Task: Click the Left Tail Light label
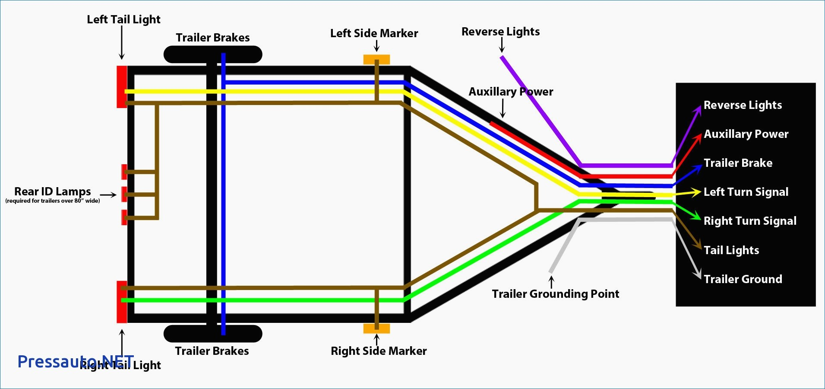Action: pos(123,19)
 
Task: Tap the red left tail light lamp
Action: pos(121,86)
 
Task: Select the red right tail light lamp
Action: pos(121,302)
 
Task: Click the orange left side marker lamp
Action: pos(376,59)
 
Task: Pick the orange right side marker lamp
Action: pos(376,328)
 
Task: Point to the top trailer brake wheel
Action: pos(213,54)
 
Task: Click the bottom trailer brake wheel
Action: pos(213,334)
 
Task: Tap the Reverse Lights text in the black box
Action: pos(743,105)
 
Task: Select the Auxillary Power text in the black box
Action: pos(746,134)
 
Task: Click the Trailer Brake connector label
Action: pos(738,163)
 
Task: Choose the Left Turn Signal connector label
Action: pos(746,192)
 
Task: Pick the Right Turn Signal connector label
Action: pos(750,221)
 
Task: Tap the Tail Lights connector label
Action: pos(731,250)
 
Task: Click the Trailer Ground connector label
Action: pos(743,279)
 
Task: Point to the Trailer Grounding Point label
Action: pos(555,294)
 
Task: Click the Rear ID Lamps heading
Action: pos(53,191)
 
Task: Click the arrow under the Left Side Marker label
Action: pos(376,46)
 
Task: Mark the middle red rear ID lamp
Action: pos(124,194)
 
